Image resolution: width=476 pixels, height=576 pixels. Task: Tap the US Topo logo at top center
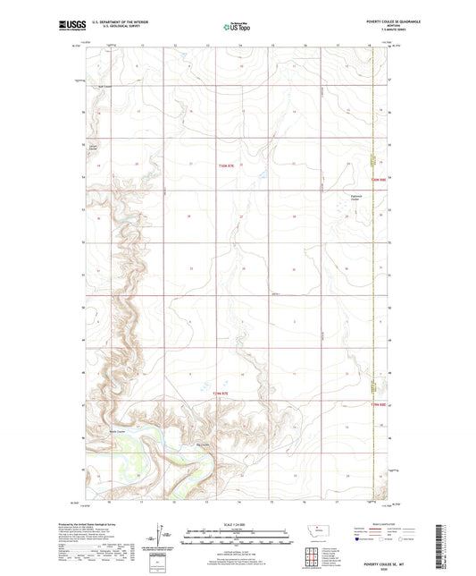[x=237, y=27]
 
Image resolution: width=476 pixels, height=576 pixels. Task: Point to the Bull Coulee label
[x=104, y=87]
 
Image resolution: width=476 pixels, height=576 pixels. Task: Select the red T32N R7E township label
[x=228, y=165]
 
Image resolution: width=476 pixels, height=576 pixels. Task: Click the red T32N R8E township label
[x=378, y=180]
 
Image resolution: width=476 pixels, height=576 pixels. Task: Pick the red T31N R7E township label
[x=222, y=392]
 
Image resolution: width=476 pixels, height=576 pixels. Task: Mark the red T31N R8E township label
[x=378, y=405]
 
